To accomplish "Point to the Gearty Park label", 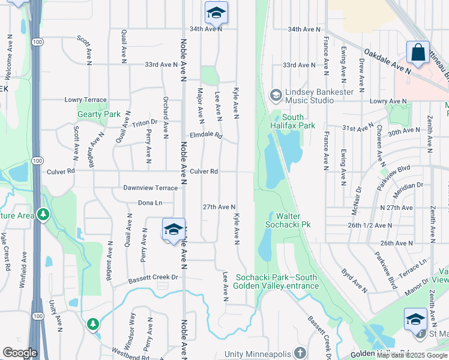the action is (98, 114).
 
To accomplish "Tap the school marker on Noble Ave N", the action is (173, 230).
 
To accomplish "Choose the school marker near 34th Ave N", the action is (216, 12).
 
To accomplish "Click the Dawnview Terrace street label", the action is (150, 188).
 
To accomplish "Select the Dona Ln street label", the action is (150, 203).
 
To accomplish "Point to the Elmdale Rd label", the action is (206, 136).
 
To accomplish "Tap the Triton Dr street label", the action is (145, 122).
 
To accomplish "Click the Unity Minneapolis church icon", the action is (301, 353).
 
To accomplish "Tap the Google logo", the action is (20, 353).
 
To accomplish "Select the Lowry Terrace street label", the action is (85, 100).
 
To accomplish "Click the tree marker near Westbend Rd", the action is (92, 325).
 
